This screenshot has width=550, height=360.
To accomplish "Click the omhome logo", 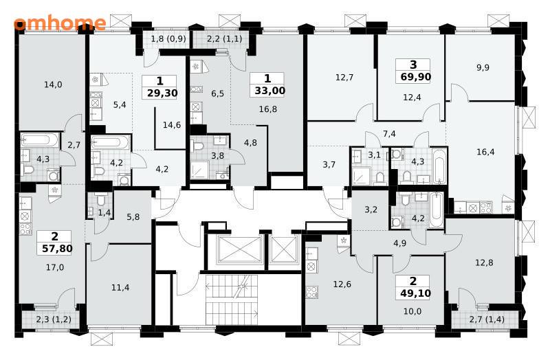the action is [60, 23].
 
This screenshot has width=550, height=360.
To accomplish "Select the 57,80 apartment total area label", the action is [57, 249].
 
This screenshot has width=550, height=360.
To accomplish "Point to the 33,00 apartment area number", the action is [269, 91].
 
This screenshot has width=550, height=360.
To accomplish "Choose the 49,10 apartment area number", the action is [415, 293].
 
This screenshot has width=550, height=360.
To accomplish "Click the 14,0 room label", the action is [54, 85].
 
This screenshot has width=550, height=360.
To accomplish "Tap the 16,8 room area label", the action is [268, 109].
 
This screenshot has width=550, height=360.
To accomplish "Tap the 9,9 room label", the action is [483, 67].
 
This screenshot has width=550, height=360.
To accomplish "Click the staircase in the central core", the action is [232, 300].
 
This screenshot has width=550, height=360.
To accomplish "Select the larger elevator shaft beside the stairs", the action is [240, 249].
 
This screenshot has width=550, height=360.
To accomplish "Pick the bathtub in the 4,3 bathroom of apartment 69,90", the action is [439, 166].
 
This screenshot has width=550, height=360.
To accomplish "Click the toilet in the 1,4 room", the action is [100, 199].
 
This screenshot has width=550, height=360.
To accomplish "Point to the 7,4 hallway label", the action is [389, 133].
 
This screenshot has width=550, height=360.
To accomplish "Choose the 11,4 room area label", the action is [120, 288].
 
